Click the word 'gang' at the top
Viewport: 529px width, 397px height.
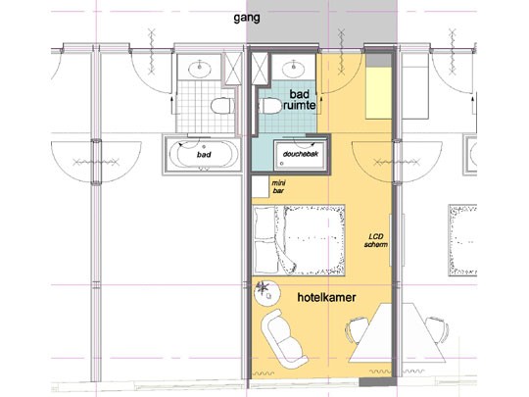[250, 18]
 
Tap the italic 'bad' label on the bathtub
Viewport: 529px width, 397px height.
[204, 155]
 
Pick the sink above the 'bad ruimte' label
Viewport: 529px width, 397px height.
[292, 69]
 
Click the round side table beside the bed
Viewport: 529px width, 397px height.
[262, 289]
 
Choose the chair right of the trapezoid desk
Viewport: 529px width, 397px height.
[438, 331]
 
